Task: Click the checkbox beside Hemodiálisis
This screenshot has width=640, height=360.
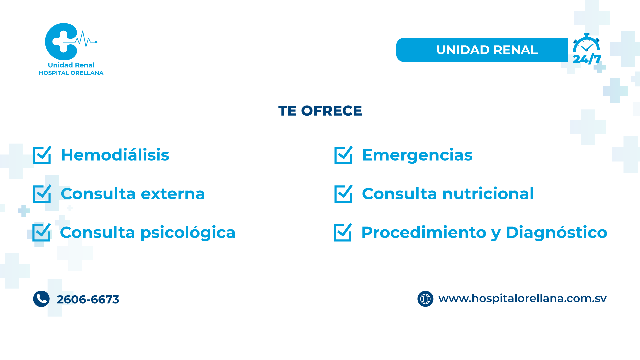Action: point(42,155)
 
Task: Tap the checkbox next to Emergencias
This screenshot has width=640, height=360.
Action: point(343,155)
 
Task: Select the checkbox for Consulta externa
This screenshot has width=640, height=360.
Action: point(42,194)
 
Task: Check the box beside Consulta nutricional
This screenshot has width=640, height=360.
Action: point(343,194)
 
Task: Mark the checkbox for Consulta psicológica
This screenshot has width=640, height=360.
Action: point(41,233)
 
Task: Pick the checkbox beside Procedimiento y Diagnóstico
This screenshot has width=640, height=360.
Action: point(343,233)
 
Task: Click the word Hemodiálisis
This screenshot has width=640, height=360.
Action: point(115,155)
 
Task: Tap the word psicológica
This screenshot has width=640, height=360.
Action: point(188,233)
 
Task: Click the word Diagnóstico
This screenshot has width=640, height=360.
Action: point(556,232)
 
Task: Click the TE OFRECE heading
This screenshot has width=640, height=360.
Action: point(320,111)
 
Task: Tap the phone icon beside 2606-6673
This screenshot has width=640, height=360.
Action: point(41,299)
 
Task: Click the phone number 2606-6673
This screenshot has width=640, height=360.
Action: point(88,299)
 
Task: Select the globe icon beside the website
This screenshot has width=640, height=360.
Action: point(425,299)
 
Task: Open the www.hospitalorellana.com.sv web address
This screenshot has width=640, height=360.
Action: point(522,299)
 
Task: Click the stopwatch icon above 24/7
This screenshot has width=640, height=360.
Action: point(586,43)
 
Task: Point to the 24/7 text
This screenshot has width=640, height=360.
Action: point(587,59)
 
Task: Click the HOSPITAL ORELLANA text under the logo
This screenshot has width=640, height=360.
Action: point(71,73)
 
